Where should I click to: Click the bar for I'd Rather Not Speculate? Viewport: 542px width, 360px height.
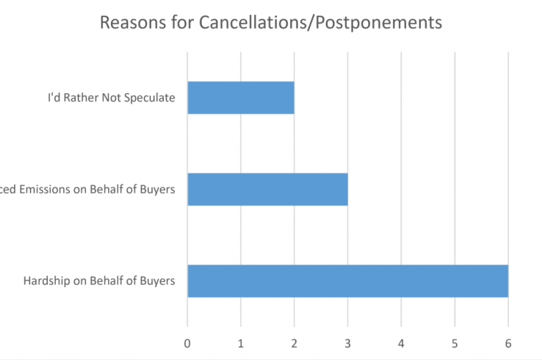point(241,98)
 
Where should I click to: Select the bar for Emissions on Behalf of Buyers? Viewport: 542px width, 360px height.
point(267,189)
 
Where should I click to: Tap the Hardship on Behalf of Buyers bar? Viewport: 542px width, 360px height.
point(347,280)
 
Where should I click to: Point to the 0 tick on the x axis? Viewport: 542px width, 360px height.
point(187,342)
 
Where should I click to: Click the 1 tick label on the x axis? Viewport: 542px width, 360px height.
point(241,342)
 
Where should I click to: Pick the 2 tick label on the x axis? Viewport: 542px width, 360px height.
point(295,342)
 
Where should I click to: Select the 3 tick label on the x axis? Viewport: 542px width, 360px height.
point(347,342)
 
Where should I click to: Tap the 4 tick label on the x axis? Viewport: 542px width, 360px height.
point(401,342)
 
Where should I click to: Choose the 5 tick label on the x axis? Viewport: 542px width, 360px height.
point(455,342)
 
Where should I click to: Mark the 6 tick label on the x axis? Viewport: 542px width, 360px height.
point(508,342)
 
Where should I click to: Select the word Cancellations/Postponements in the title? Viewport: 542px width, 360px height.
point(320,23)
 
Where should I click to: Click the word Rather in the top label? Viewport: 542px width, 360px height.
point(82,98)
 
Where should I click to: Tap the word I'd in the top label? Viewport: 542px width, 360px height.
point(54,98)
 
